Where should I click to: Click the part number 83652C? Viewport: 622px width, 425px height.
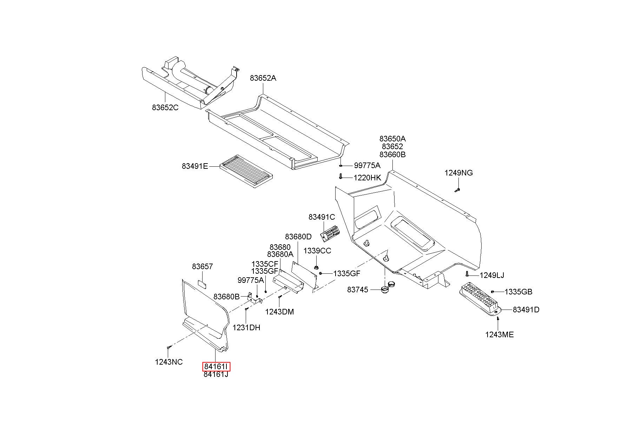[165, 107]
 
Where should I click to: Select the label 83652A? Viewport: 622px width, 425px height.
[263, 78]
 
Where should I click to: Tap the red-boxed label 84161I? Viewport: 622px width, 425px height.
[216, 367]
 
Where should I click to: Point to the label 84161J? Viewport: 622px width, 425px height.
[216, 374]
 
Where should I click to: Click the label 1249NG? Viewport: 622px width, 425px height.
[458, 173]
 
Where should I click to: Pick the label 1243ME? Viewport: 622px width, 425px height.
[499, 334]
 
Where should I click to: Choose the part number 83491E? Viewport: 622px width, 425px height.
[195, 166]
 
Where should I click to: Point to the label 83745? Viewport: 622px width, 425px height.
[358, 290]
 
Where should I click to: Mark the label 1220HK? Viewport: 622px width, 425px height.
[367, 178]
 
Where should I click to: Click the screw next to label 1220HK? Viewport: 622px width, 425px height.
[340, 176]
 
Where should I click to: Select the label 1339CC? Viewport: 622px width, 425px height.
[317, 251]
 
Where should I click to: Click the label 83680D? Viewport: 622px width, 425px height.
[298, 237]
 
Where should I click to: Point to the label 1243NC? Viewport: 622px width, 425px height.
[169, 362]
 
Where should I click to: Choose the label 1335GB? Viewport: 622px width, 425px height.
[518, 292]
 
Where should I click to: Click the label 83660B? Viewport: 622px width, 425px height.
[393, 154]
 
